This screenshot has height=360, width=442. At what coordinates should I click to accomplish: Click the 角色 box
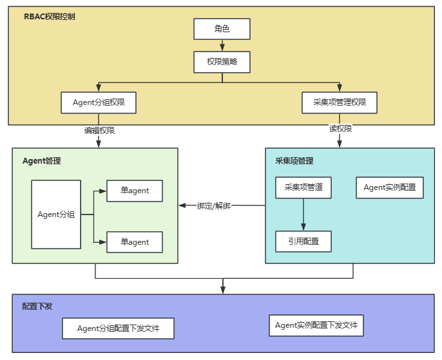point(222,29)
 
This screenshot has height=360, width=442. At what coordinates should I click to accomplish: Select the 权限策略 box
point(222,62)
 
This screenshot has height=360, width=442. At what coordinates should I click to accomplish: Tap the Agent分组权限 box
point(99,102)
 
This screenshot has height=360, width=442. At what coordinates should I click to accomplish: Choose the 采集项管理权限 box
point(340,102)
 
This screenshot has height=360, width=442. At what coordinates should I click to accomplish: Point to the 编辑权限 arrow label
point(99,130)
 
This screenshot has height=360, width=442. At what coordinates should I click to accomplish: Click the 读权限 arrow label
point(340,129)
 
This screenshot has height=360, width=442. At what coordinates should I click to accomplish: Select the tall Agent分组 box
point(56,214)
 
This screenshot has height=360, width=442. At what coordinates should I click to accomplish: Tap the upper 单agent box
point(135,191)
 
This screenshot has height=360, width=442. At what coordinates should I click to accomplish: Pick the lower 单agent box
point(135,242)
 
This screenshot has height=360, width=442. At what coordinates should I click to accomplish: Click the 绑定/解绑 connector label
point(213,205)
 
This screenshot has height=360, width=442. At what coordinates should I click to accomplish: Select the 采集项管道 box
point(303,187)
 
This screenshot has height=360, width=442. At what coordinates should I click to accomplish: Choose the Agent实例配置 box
point(389,187)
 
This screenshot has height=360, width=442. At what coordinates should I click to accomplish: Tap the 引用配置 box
point(303,241)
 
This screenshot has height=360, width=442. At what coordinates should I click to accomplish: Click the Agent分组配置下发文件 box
point(118,328)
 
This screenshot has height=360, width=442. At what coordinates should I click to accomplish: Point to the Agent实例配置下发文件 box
point(316,325)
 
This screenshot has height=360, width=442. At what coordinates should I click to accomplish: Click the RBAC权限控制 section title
point(50,16)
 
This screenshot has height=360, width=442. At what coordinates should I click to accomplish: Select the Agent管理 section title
point(42,161)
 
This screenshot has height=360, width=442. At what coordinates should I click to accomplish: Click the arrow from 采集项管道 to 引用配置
point(303,214)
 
